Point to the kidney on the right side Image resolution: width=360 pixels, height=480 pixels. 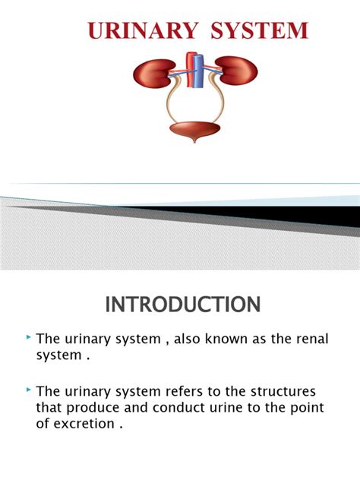[x=238, y=71]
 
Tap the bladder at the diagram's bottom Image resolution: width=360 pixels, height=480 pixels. [x=194, y=131]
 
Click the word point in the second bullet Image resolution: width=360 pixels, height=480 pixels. [x=307, y=408]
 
